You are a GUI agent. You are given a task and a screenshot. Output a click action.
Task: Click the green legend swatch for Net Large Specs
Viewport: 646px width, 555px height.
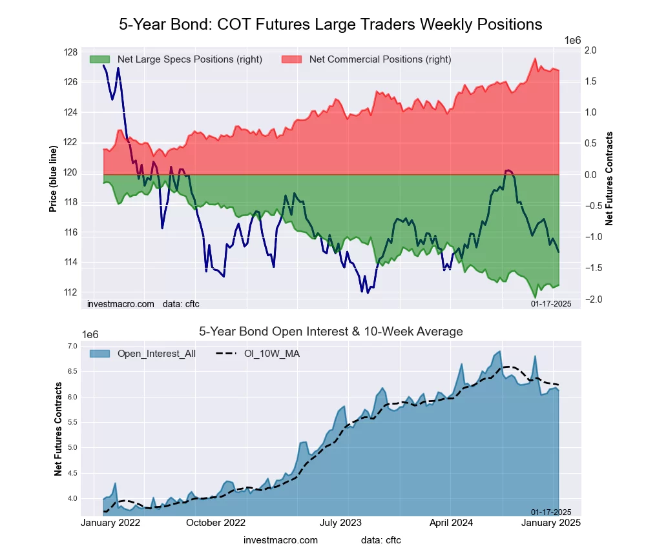(x=99, y=59)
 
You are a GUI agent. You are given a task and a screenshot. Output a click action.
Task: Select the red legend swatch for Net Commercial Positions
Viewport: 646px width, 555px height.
(x=292, y=59)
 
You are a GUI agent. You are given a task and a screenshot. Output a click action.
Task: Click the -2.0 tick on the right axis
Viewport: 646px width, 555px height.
(x=590, y=299)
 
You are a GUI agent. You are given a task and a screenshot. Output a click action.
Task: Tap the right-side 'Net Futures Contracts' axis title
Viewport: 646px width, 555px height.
(x=609, y=179)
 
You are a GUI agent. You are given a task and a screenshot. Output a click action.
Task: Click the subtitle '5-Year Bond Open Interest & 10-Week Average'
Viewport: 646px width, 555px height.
(x=330, y=332)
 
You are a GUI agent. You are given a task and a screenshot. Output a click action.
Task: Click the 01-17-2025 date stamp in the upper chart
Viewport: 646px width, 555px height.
(x=551, y=303)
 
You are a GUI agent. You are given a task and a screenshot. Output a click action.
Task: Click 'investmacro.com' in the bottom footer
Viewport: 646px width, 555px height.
(x=280, y=540)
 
